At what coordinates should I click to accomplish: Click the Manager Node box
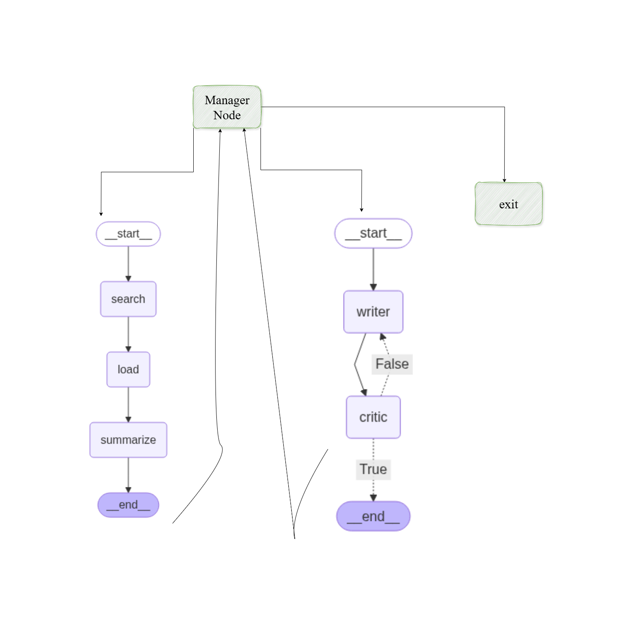(227, 107)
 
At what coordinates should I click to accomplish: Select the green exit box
(508, 204)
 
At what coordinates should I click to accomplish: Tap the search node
(128, 299)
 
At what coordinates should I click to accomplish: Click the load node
(128, 369)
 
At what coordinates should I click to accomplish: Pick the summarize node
(128, 440)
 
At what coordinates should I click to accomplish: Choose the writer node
(373, 312)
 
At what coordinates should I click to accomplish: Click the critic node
(373, 417)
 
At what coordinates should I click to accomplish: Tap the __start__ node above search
(128, 234)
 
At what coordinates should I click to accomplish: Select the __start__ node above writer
(373, 233)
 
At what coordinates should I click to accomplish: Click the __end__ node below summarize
(128, 505)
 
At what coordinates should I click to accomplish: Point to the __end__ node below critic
(373, 516)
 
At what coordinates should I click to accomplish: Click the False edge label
(392, 364)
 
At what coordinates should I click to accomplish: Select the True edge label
(373, 469)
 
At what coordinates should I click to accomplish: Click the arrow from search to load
(128, 334)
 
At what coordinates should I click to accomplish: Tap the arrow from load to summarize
(128, 404)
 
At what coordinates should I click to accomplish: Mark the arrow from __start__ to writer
(373, 269)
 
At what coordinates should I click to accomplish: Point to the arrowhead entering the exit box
(504, 180)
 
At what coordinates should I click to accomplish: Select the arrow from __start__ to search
(128, 263)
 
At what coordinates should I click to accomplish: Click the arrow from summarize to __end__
(128, 475)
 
